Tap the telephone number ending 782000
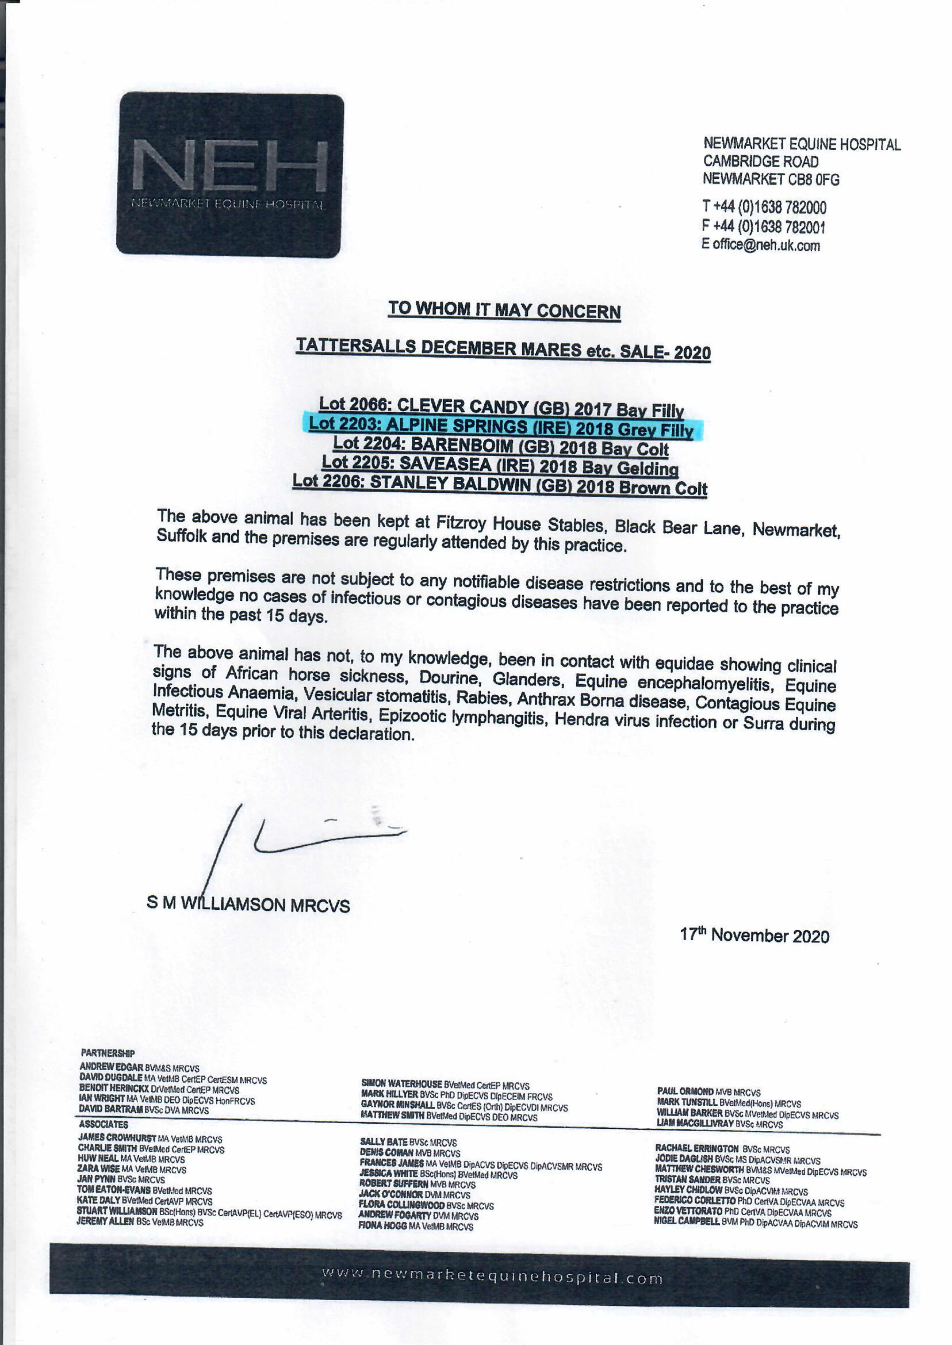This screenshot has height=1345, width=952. point(765,207)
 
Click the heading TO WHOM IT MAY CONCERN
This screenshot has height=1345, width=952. point(504,310)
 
